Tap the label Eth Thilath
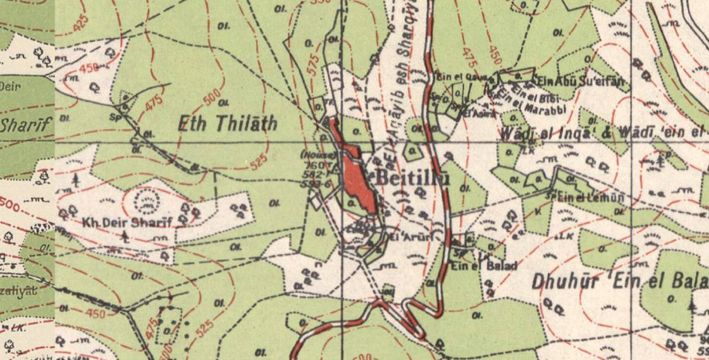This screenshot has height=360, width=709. (227, 124)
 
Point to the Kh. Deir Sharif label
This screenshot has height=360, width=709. (128, 222)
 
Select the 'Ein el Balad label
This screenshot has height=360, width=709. (484, 266)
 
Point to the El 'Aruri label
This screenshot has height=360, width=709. (409, 237)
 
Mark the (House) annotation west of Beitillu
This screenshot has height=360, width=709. (319, 155)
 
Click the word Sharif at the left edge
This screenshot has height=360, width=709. (26, 124)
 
